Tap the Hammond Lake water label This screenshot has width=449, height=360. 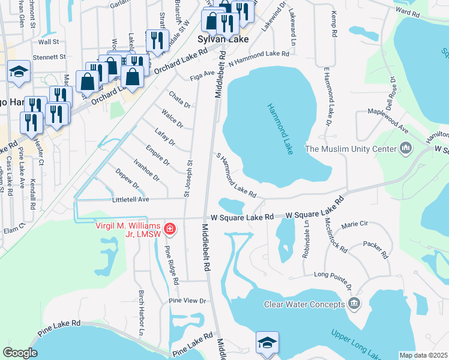coord(280,129)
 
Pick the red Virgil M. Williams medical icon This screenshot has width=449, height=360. coord(170,229)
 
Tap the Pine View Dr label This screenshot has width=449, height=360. coord(187,301)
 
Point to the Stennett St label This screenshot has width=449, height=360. coord(49,57)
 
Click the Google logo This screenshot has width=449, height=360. coord(20,353)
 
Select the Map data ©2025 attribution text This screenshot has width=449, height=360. coord(423,355)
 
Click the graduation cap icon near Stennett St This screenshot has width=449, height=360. coord(19,72)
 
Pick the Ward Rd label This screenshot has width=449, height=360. coord(407,12)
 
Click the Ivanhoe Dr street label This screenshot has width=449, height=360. coord(146,169)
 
